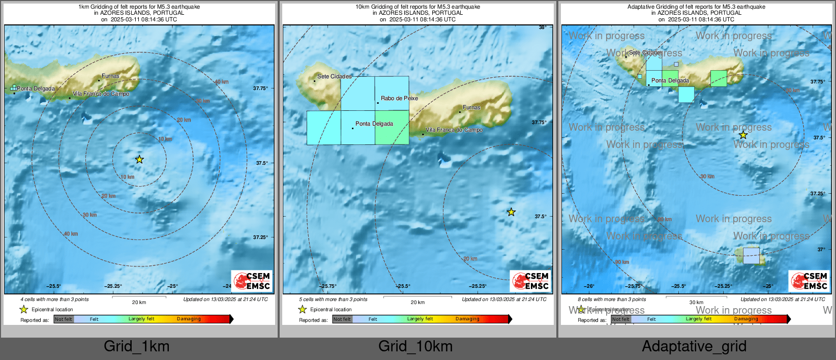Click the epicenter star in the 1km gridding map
[139, 159]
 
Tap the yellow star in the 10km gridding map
[511, 212]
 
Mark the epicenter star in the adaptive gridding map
[743, 135]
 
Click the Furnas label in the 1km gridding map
[110, 76]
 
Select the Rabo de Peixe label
[399, 98]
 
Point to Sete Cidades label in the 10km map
[334, 76]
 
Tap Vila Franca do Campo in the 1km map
[101, 94]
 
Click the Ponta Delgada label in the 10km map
[374, 124]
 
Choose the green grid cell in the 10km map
[392, 128]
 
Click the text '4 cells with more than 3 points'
[54, 299]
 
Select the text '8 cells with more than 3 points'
[612, 299]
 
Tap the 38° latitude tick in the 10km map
[543, 27]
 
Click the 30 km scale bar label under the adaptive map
[696, 303]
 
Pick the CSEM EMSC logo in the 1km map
[252, 281]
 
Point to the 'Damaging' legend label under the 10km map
[467, 319]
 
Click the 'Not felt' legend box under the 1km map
[64, 319]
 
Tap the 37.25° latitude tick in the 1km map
[260, 237]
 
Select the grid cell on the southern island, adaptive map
[751, 256]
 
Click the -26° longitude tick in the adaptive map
[589, 286]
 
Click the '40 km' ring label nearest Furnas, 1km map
[221, 82]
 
